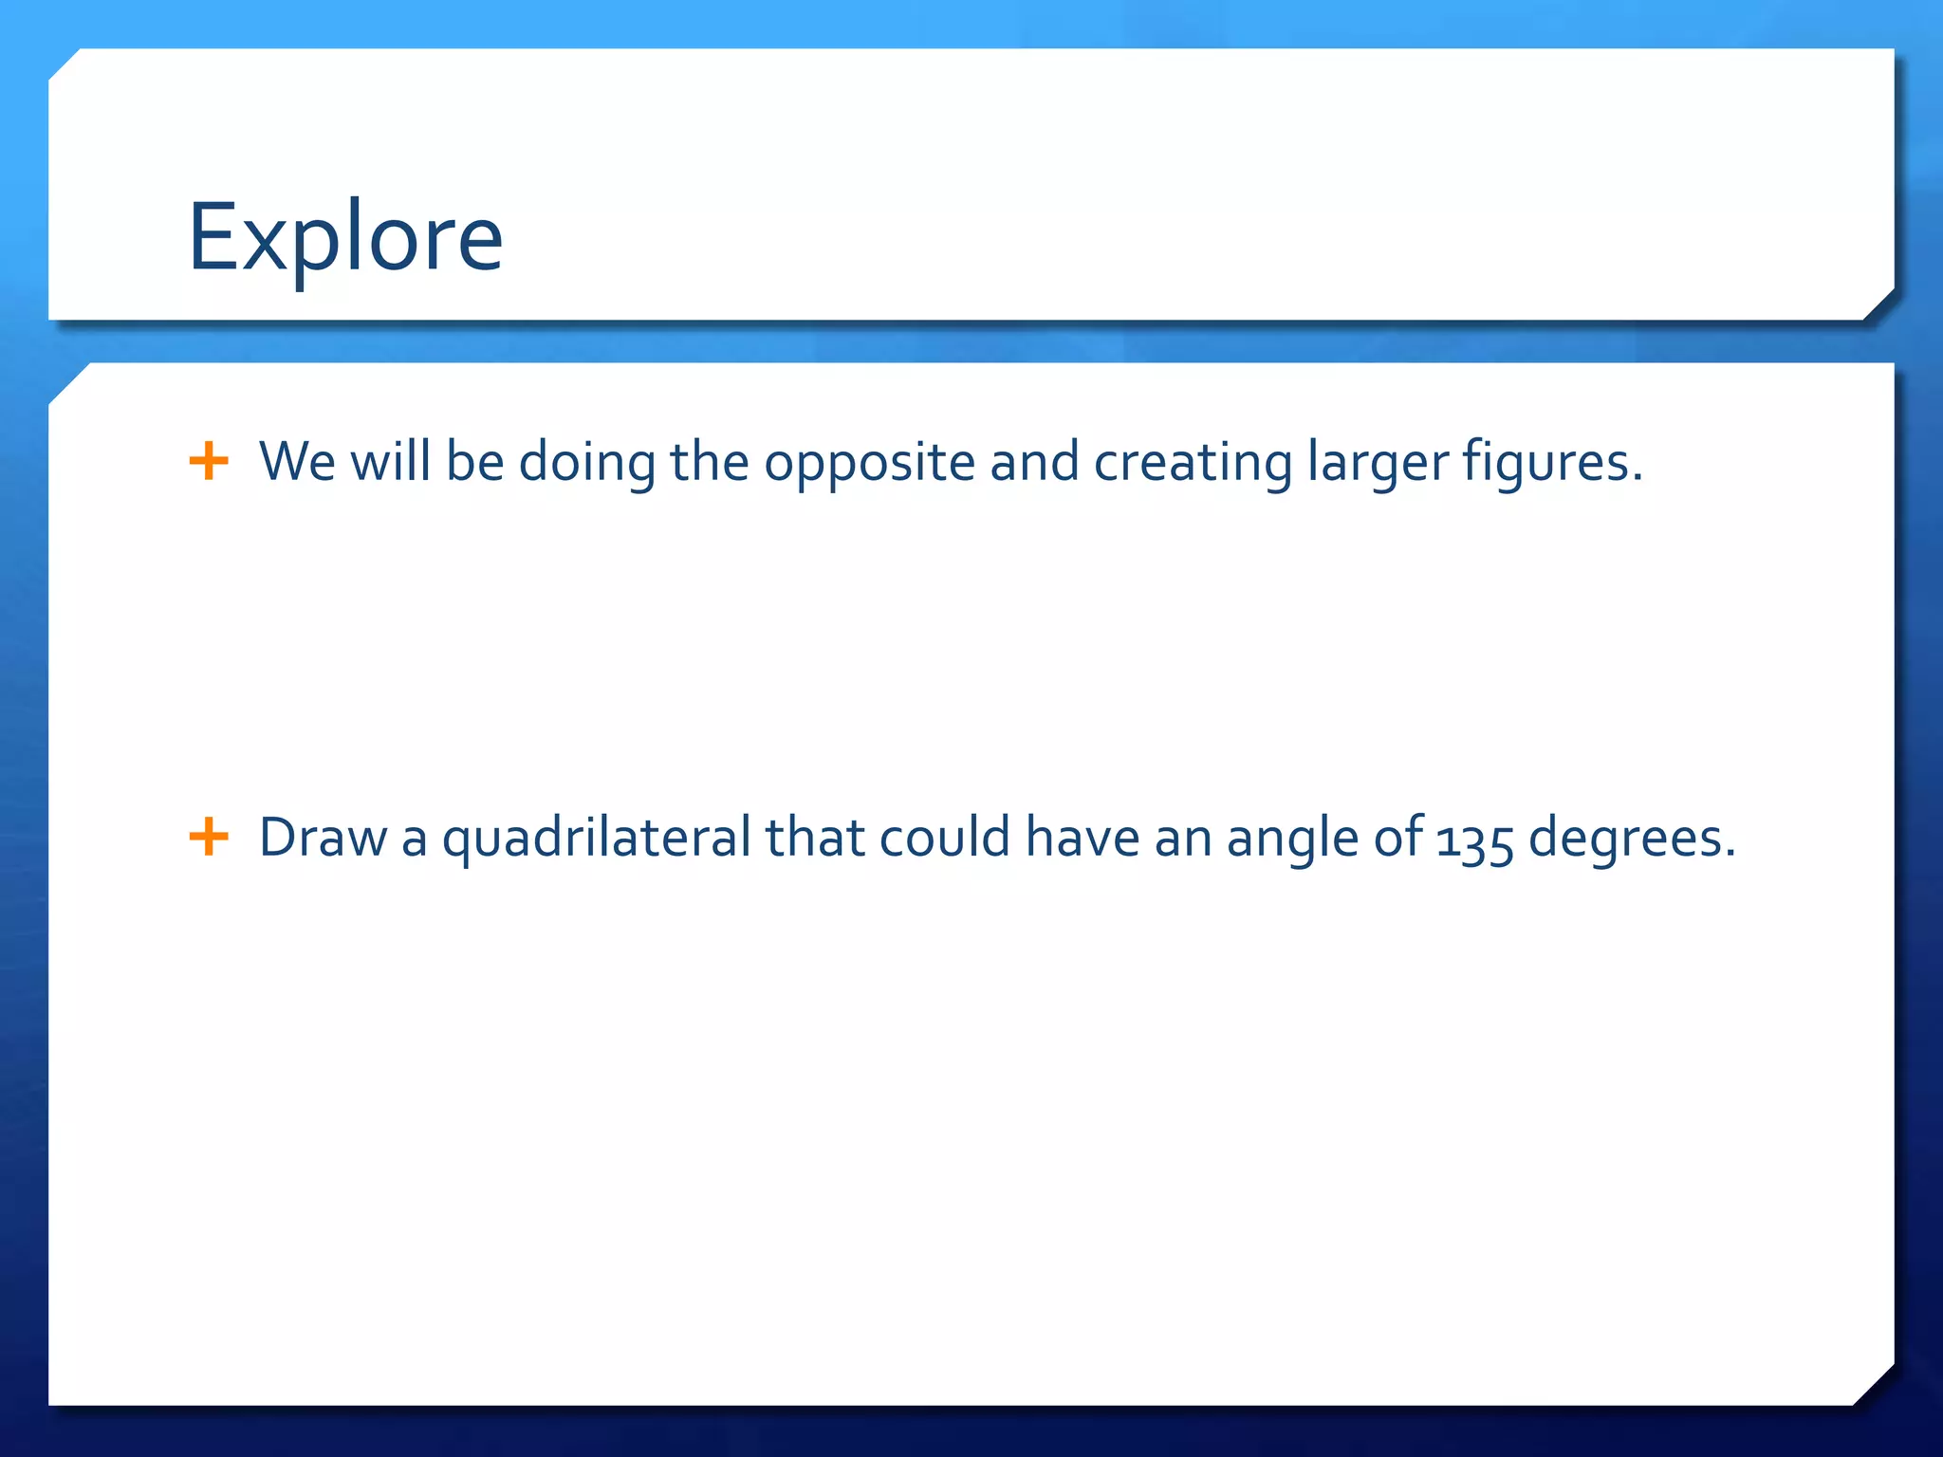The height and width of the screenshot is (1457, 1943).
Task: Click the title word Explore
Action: [x=345, y=237]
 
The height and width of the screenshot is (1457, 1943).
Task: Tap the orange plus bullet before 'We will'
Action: [x=209, y=462]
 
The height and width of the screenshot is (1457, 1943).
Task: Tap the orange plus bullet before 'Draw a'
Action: [x=209, y=838]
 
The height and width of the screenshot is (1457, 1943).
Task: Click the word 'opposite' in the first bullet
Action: [x=869, y=463]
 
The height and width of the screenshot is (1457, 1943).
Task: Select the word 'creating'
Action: [x=1193, y=463]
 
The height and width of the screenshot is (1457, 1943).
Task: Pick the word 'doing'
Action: [x=586, y=463]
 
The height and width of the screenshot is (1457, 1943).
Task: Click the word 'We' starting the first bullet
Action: [x=297, y=462]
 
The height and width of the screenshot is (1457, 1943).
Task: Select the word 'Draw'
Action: [x=323, y=839]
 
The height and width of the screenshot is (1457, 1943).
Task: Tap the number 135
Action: [x=1474, y=840]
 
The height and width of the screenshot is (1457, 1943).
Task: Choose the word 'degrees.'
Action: [x=1632, y=839]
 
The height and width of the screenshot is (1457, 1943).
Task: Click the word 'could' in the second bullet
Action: [x=944, y=839]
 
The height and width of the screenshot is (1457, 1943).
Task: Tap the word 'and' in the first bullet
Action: [x=1034, y=462]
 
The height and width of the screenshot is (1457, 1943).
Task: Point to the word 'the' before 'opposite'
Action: [x=710, y=462]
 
